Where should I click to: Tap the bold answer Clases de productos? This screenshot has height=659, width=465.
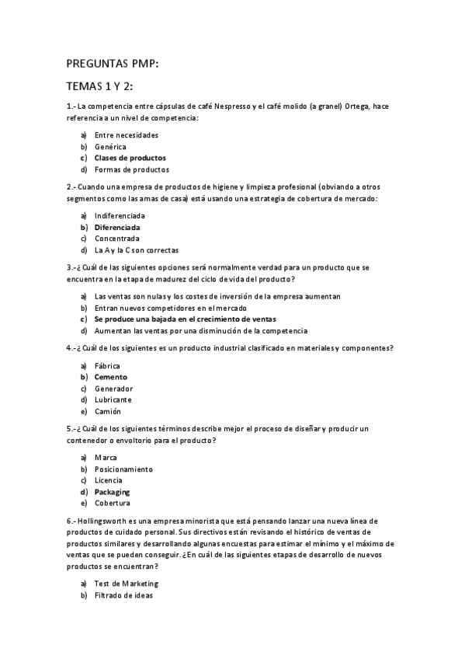coord(130,158)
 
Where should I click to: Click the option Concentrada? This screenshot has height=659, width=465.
coord(117,239)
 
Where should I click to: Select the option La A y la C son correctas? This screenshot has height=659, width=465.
coord(136,250)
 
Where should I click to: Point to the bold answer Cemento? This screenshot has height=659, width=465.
coord(111,377)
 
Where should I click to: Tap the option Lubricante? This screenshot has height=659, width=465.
coord(113,399)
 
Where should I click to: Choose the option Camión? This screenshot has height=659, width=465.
coord(108,411)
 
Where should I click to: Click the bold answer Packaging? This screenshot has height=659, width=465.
coord(113,492)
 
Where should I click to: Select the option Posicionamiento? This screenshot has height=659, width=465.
coord(123,469)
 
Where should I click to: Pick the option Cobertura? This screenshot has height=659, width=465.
coord(113,503)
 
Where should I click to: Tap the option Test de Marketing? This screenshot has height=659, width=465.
coord(126,584)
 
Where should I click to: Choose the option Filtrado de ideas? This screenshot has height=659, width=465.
coord(123,595)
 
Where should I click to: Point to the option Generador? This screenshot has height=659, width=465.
coord(113,389)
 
